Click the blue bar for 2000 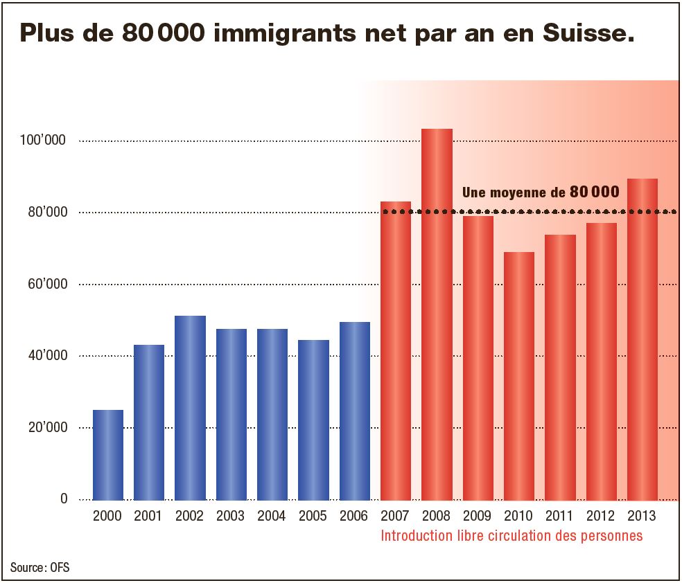click(108, 454)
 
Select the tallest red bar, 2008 click(437, 314)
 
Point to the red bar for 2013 click(642, 339)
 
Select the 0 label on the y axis click(64, 499)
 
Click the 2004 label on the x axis click(272, 517)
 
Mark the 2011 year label click(560, 517)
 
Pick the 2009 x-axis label click(478, 517)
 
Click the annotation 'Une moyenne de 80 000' click(540, 192)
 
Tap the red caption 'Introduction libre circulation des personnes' click(511, 536)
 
